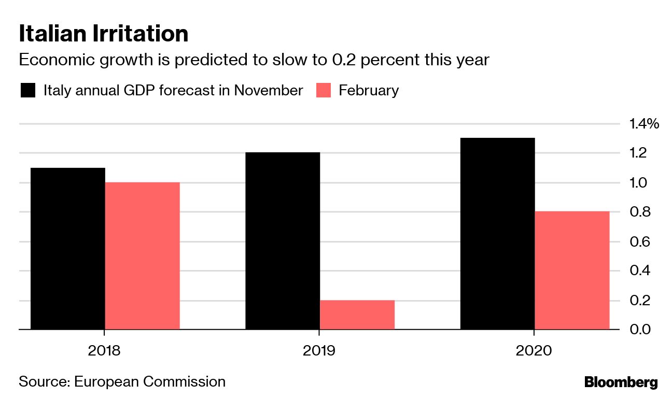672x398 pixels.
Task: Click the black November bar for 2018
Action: point(68,248)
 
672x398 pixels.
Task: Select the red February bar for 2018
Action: point(142,255)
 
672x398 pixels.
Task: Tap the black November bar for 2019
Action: point(282,240)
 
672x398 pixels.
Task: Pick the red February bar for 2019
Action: point(357,315)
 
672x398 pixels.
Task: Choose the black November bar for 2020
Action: point(497,233)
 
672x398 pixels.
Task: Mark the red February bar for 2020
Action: point(572,270)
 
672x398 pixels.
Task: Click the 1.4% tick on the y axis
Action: point(643,124)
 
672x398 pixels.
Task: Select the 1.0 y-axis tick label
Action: point(638,183)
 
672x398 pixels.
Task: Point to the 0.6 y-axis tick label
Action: point(638,241)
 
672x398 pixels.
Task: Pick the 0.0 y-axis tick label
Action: point(638,330)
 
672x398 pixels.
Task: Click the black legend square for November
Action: point(28,90)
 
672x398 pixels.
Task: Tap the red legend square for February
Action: point(324,90)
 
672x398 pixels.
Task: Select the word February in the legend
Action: point(369,90)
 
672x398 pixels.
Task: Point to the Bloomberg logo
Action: point(621,382)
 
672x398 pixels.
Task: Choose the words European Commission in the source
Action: point(150,382)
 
